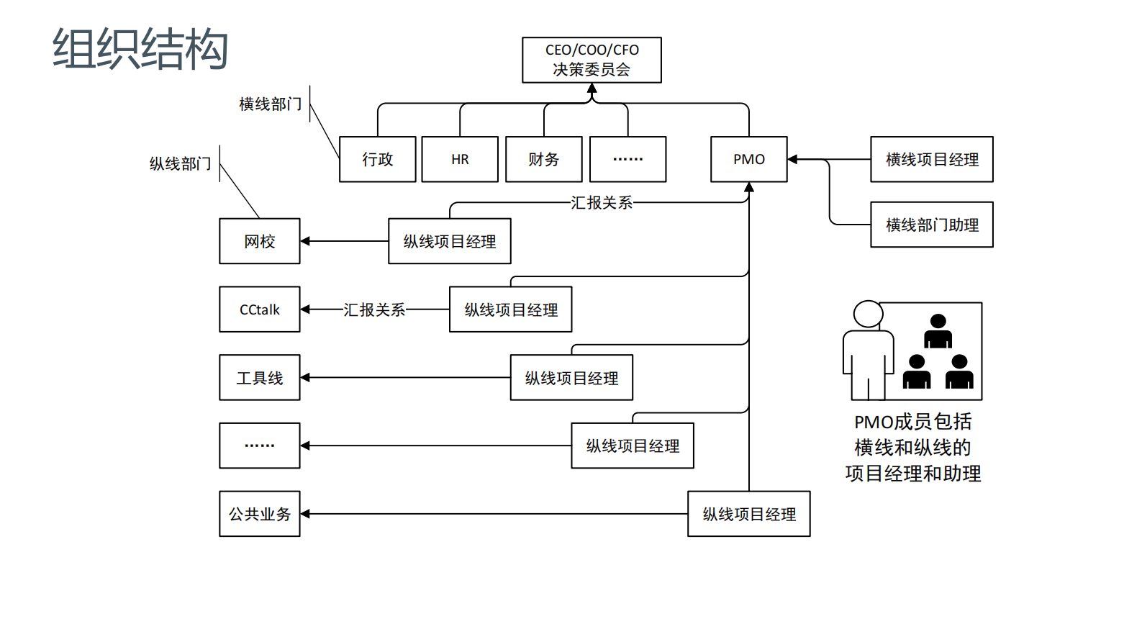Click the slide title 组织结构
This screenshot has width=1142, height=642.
tap(140, 49)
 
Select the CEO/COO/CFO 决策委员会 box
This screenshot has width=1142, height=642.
tap(592, 60)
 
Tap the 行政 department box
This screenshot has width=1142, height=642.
tap(377, 159)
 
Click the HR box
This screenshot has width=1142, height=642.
tap(460, 159)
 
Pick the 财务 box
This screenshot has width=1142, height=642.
tap(543, 159)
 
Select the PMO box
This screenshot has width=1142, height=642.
tap(748, 159)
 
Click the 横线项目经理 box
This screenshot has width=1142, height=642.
tap(931, 159)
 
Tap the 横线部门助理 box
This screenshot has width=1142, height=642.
tap(931, 225)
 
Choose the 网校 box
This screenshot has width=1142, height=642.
tap(259, 241)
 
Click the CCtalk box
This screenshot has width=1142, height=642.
tap(259, 309)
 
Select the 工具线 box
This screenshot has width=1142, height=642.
tap(259, 377)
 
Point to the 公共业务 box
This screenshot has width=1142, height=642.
tap(259, 514)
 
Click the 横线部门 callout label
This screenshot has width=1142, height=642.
tap(270, 104)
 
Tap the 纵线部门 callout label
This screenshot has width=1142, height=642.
tap(180, 164)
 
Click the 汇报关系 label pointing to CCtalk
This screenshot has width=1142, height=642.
tap(374, 309)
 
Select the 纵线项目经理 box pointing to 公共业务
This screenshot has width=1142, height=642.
tap(748, 514)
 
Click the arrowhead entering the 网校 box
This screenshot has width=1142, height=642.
tap(305, 241)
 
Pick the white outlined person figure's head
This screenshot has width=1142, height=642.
tap(868, 314)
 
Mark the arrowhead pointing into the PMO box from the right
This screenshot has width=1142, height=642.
tap(792, 159)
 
